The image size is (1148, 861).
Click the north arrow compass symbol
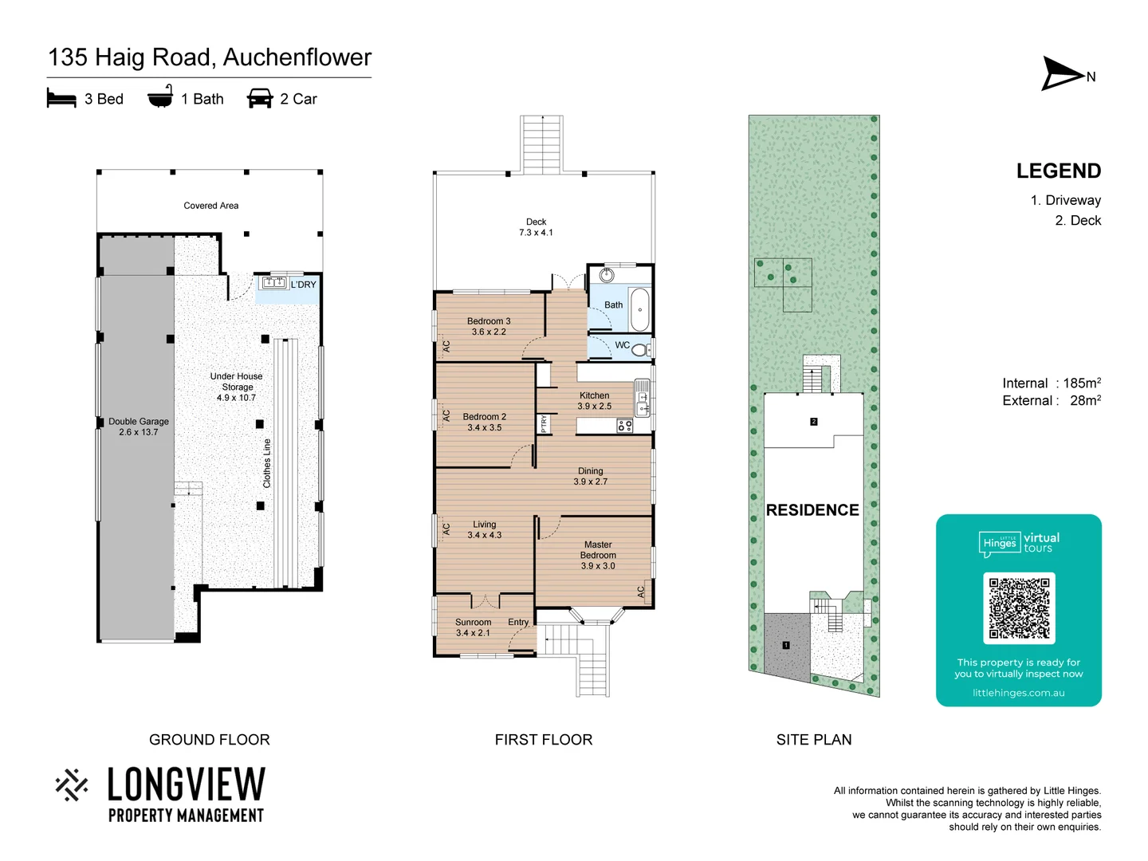1063,74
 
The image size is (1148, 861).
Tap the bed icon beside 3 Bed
61,98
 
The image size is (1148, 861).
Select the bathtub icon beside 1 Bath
160,96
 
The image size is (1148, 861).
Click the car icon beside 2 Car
260,98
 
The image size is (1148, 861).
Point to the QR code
1019,608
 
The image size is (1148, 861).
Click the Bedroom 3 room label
489,327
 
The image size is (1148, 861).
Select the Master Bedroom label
598,555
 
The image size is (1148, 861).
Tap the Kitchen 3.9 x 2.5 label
594,401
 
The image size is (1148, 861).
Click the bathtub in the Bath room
639,309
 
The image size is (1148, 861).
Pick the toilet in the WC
641,348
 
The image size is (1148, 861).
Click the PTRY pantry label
544,423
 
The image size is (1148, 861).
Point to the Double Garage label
139,427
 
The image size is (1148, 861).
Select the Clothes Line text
267,463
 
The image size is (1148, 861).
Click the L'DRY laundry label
303,285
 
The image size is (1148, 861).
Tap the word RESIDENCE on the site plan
812,510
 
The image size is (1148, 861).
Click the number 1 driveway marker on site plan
786,645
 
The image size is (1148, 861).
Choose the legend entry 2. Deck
1078,221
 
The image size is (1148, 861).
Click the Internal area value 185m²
1082,383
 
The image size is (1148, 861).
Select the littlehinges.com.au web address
1018,693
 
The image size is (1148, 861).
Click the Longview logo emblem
72,784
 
